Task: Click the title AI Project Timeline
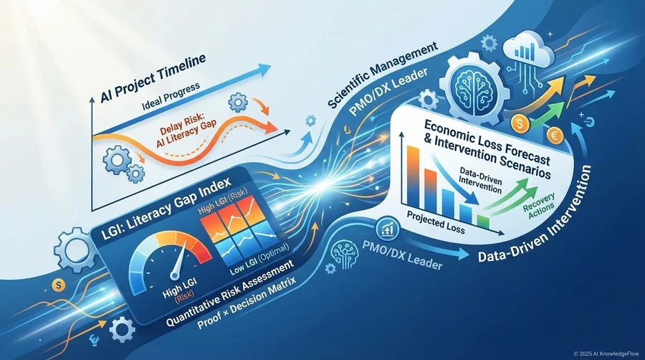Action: click(x=153, y=79)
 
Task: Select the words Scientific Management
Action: click(x=383, y=76)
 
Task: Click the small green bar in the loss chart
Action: click(x=483, y=222)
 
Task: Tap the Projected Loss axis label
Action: click(x=436, y=222)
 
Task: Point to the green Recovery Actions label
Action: click(x=539, y=205)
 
